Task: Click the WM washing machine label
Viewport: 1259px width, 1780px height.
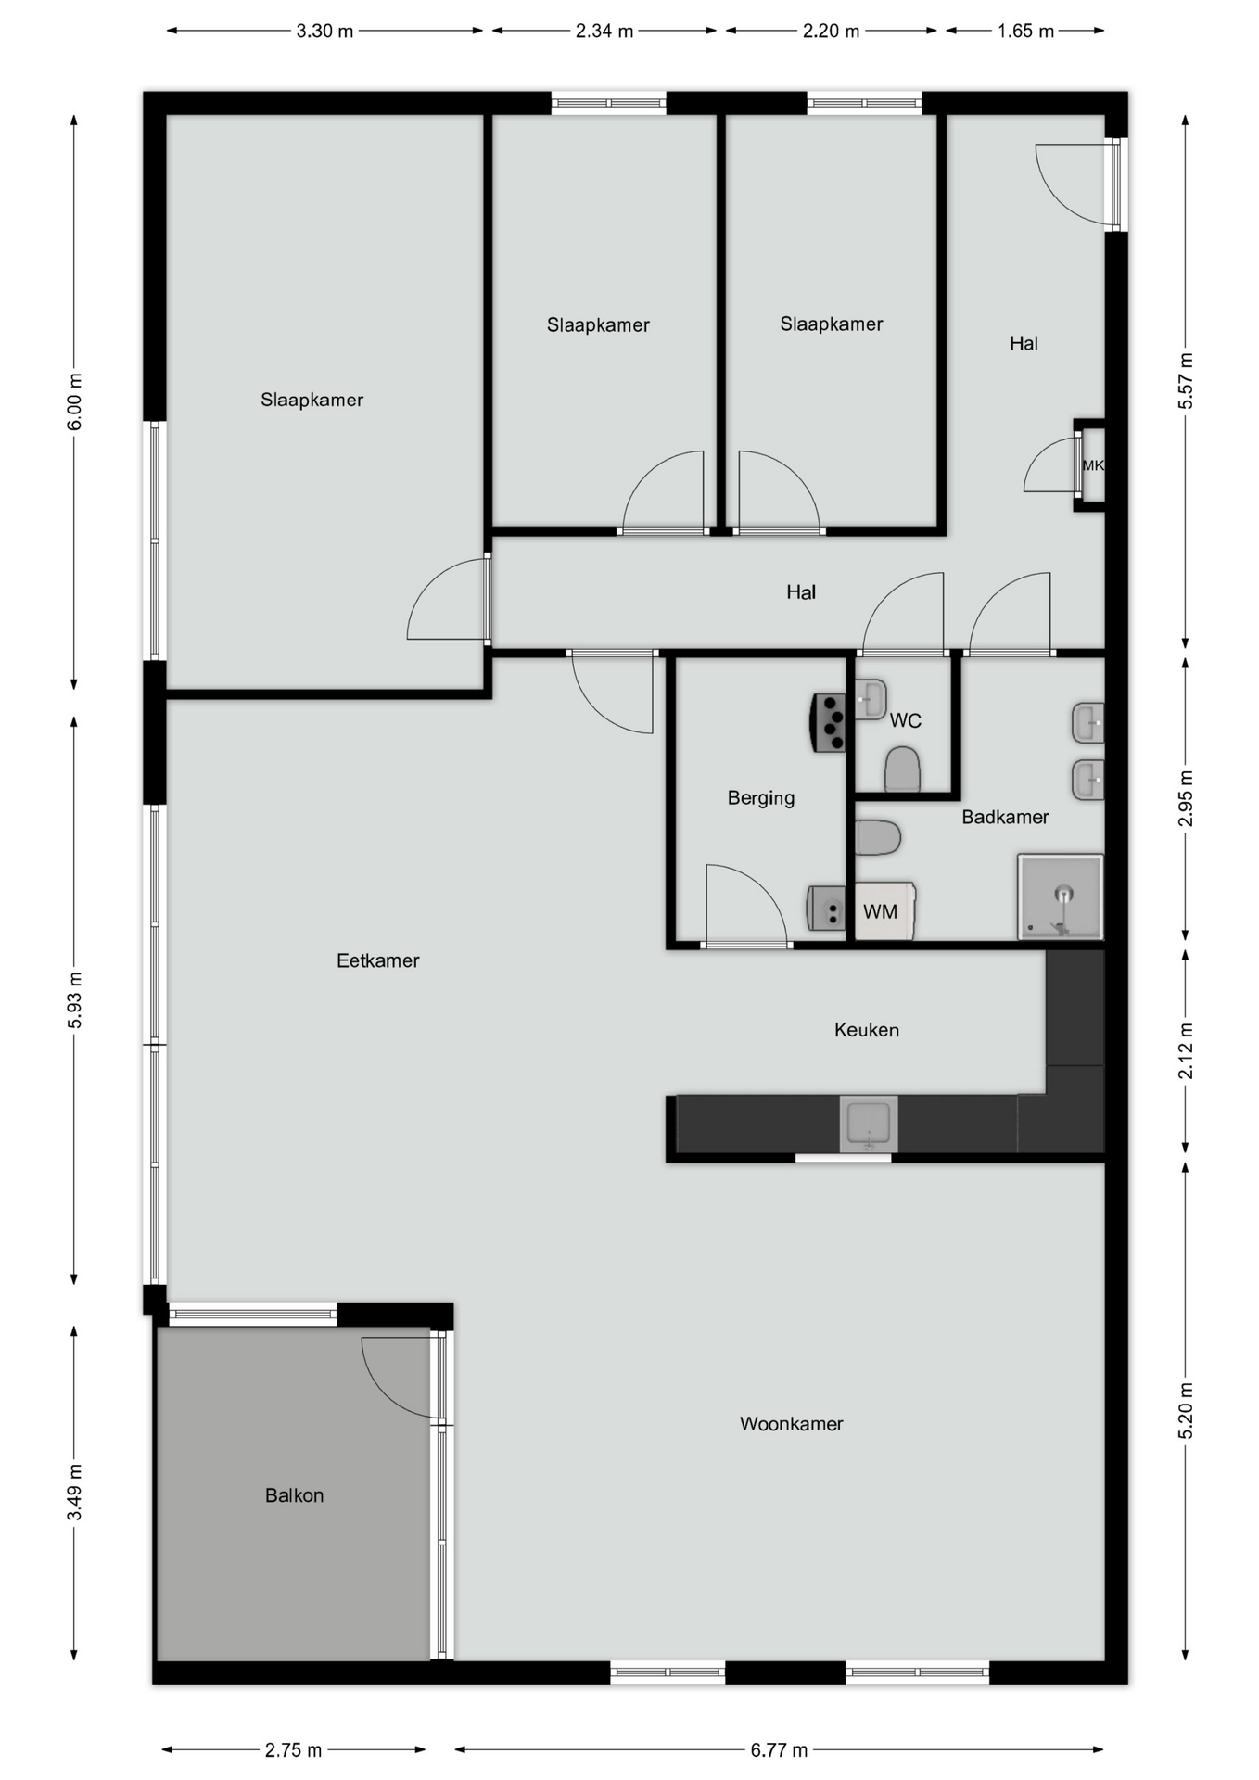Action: point(880,912)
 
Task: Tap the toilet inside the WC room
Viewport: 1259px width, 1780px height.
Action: point(902,770)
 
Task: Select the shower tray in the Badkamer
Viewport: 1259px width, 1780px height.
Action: point(1061,896)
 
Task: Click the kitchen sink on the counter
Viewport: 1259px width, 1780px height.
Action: point(869,1124)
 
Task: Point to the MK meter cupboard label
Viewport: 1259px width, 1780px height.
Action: point(1093,465)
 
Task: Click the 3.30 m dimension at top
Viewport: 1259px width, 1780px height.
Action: point(324,32)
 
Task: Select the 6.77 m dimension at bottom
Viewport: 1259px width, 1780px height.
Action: point(779,1750)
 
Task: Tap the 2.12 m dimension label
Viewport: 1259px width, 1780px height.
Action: point(1186,1051)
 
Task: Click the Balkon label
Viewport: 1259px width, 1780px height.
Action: point(294,1495)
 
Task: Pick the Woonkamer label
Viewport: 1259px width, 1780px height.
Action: point(791,1424)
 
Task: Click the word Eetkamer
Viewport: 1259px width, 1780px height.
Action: point(377,961)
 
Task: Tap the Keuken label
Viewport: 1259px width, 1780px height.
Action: point(866,1030)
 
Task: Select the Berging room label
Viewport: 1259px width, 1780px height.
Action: point(760,798)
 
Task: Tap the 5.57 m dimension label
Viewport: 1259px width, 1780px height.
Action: point(1186,381)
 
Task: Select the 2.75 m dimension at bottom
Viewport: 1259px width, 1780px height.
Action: point(293,1750)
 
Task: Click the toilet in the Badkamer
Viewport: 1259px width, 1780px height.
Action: point(877,837)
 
